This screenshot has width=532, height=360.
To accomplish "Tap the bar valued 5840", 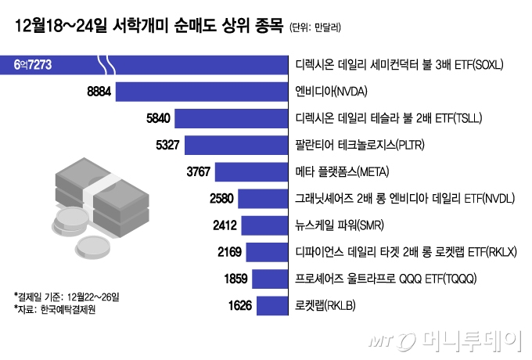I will [x=232, y=119].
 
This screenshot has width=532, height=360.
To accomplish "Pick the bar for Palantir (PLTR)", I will [x=239, y=146].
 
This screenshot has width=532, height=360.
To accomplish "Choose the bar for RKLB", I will [x=272, y=305].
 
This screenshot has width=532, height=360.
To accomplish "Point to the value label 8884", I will [x=102, y=92].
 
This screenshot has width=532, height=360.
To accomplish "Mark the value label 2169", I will [x=228, y=252].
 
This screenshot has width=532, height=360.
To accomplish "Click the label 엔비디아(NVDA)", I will [x=336, y=92].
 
